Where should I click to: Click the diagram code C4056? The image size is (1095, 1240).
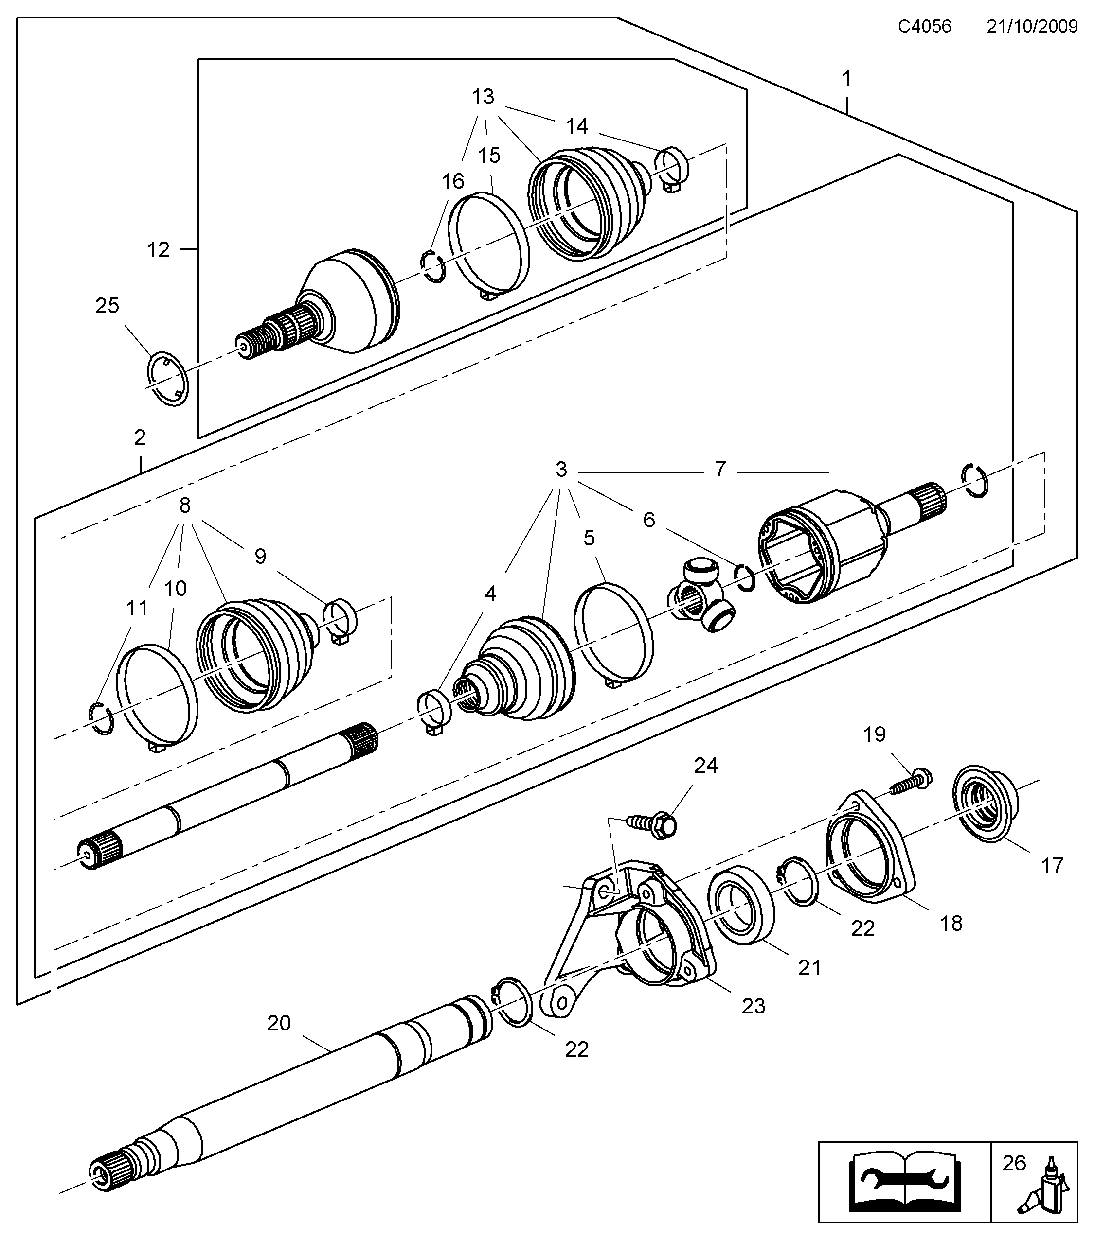924,27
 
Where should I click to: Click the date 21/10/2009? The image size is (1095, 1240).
1032,27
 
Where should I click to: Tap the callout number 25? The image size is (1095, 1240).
107,306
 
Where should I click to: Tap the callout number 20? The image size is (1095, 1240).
279,1023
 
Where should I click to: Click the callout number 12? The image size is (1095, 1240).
159,250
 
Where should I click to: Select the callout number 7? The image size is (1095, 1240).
720,469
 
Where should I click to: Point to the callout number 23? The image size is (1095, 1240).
753,1006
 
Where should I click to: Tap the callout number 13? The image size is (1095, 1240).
483,96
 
